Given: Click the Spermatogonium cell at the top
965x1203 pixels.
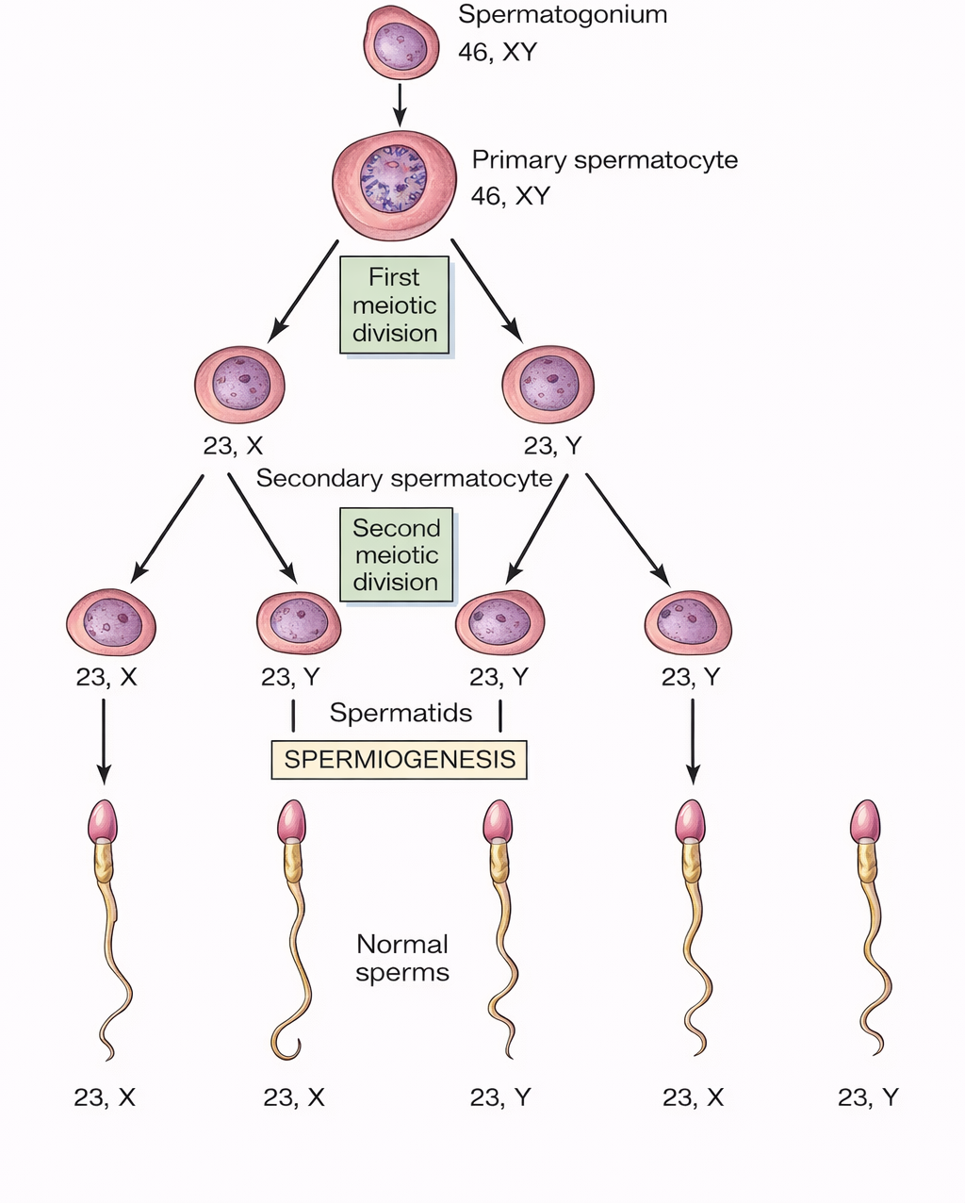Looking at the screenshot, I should (401, 43).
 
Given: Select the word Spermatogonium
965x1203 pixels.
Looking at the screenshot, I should (563, 15).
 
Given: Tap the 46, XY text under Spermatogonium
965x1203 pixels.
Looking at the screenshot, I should (497, 52).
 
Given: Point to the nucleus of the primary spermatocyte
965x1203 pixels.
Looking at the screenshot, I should (394, 179).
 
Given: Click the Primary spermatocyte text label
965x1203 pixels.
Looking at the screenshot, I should (604, 160).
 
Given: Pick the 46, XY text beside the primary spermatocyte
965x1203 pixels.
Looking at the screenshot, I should (510, 196).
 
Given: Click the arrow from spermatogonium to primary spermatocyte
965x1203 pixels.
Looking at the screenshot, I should (400, 104).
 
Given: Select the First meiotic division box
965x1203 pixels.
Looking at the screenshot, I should (395, 305).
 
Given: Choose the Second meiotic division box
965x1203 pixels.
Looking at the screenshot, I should (396, 555).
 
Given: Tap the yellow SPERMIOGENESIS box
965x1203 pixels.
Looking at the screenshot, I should (400, 760).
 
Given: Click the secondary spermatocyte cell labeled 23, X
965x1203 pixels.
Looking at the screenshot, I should (239, 385).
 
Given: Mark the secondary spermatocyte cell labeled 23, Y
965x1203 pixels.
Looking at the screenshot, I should (548, 385).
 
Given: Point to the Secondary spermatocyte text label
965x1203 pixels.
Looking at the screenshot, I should (404, 479).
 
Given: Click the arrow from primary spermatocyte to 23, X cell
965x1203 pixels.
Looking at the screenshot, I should (303, 290).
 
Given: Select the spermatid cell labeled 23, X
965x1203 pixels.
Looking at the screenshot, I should (111, 622).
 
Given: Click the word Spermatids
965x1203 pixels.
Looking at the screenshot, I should (401, 713).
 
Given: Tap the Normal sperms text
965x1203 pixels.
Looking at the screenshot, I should (402, 958).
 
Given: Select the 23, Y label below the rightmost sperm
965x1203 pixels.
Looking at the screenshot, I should (868, 1097).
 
